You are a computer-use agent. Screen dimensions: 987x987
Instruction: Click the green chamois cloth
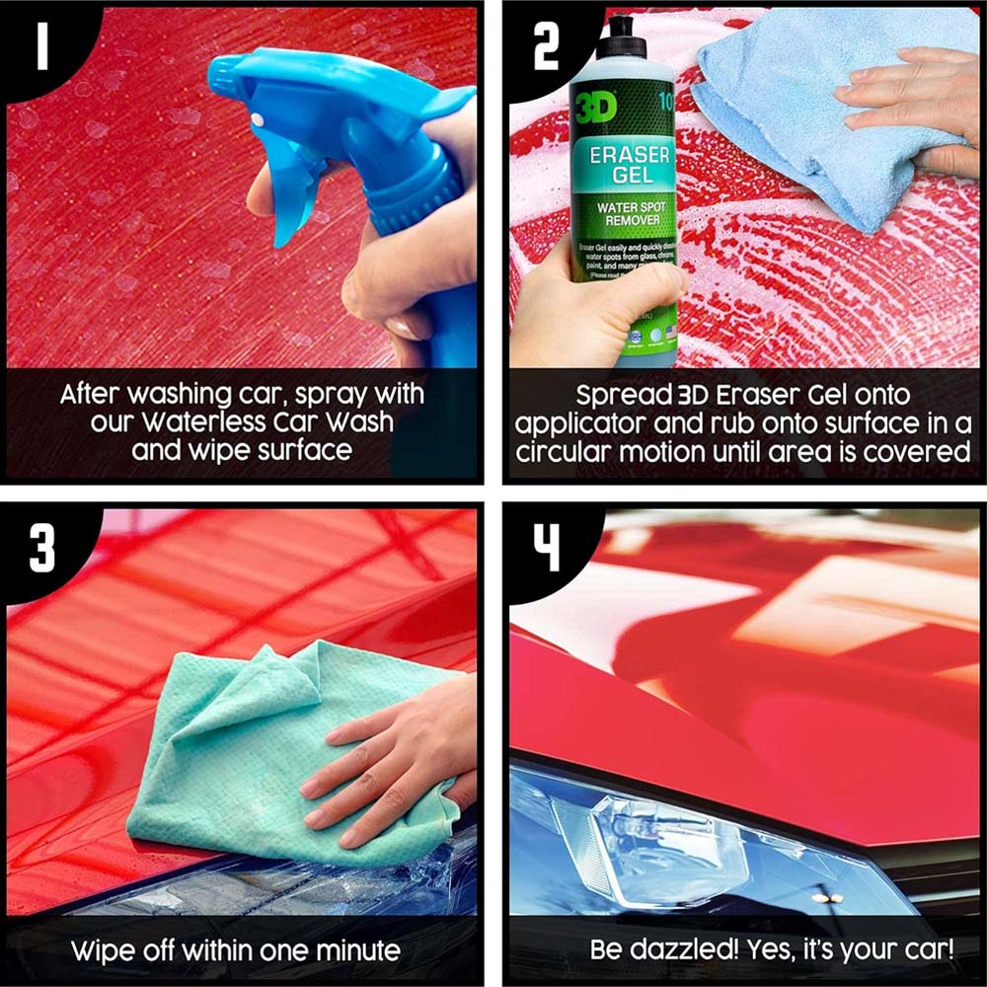[247, 750]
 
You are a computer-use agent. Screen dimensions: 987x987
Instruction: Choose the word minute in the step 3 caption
[354, 951]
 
